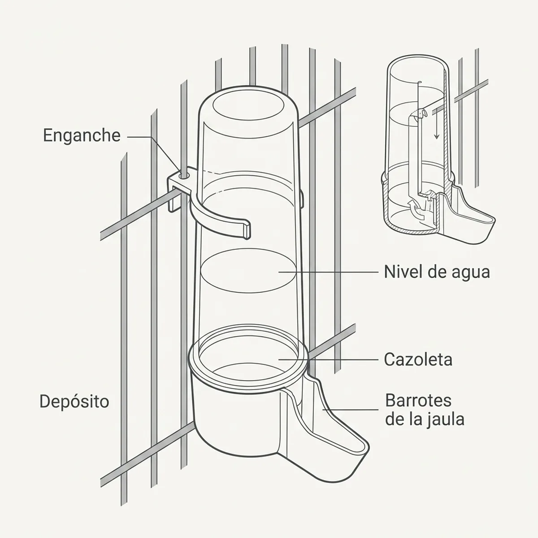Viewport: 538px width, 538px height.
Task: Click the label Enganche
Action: point(82,136)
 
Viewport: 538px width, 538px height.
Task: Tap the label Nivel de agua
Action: point(437,272)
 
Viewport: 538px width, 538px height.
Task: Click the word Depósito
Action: point(74,401)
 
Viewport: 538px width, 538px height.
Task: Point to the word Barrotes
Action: point(418,400)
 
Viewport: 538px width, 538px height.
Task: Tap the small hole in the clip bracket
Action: point(185,175)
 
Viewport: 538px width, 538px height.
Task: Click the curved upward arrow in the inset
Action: point(416,210)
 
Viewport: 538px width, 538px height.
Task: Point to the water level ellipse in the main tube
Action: point(248,271)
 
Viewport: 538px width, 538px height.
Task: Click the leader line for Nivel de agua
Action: point(329,271)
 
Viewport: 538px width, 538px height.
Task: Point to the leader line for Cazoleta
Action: point(329,359)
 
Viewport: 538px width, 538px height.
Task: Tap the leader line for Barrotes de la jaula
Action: point(351,410)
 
